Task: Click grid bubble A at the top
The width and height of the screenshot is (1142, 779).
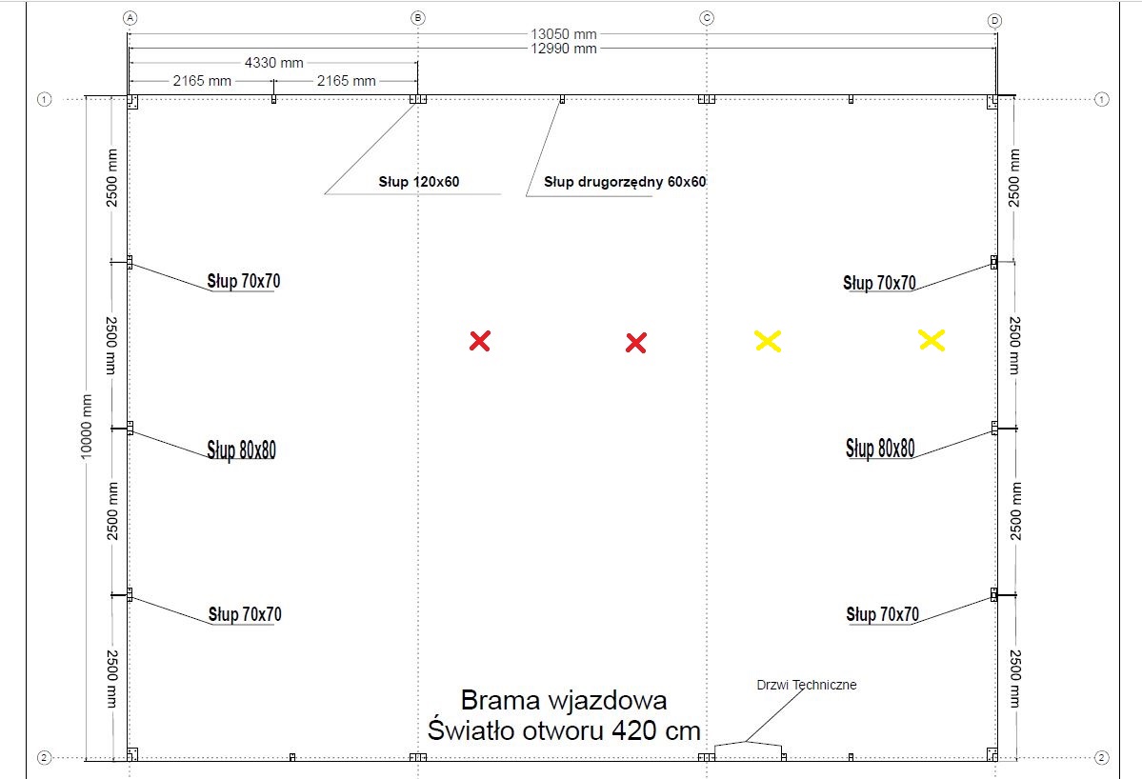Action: [x=130, y=18]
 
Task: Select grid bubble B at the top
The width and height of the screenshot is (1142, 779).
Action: [x=418, y=18]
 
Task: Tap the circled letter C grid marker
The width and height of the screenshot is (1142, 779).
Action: [x=707, y=18]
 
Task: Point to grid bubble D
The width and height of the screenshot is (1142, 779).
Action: [x=995, y=20]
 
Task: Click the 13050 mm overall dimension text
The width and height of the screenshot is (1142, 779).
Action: [x=564, y=34]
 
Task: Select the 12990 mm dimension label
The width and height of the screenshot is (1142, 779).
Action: [x=564, y=49]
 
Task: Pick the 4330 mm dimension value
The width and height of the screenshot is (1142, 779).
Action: [x=274, y=63]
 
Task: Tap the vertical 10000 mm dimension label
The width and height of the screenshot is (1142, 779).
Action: [x=87, y=427]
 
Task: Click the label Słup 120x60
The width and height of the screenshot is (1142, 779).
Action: [x=419, y=182]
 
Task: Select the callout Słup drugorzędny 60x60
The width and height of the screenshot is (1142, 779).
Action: [x=625, y=182]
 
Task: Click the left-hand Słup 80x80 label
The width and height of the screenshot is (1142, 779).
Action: [x=242, y=449]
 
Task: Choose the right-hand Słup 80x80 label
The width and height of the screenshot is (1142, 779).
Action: [x=880, y=449]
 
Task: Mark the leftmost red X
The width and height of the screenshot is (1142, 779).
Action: [x=480, y=341]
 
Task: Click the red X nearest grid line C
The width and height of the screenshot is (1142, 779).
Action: [x=636, y=343]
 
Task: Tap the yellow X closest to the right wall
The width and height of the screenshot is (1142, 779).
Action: [x=932, y=340]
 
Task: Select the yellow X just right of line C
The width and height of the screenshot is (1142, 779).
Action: [x=768, y=341]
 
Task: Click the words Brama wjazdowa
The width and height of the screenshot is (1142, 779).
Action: [x=564, y=700]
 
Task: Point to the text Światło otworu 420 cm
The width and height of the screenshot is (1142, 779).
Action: [x=564, y=730]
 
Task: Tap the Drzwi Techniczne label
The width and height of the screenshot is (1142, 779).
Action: [x=806, y=685]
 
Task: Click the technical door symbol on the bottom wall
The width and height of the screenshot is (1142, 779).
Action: [x=748, y=749]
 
